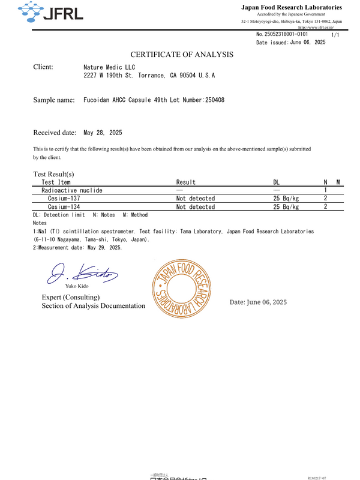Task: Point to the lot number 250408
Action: tap(215, 100)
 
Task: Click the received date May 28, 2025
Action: tap(103, 133)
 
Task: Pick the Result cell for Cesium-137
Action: tap(195, 198)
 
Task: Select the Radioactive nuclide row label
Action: tap(71, 190)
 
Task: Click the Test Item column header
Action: tap(56, 182)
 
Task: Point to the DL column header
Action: tap(277, 182)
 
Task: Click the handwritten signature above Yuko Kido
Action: tap(82, 274)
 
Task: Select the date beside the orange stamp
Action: tap(258, 302)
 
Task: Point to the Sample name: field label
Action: tap(54, 100)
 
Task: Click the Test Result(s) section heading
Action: tap(53, 174)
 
